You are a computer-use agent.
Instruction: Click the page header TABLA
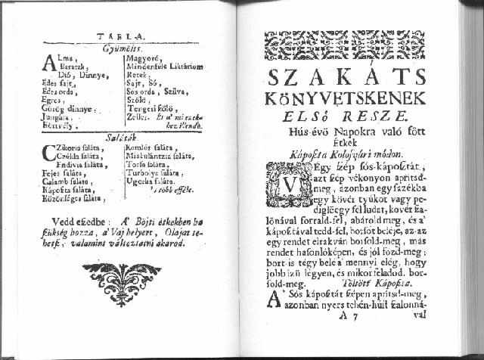[122, 36]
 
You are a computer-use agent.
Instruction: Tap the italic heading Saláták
[123, 137]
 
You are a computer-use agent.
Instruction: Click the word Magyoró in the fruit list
[141, 57]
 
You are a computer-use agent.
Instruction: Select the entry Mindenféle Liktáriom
[164, 67]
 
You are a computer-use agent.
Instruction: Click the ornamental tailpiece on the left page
[121, 281]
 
